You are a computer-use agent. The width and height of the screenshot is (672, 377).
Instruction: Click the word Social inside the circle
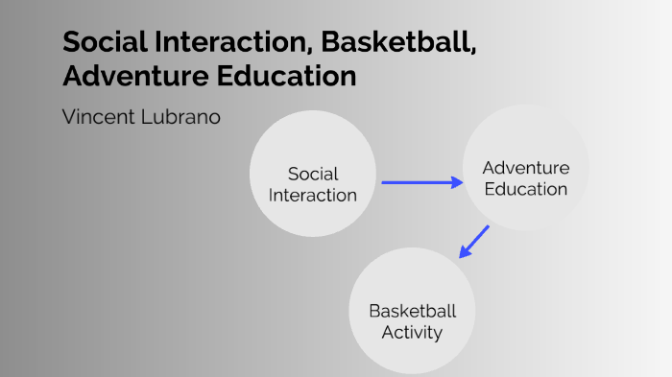(313, 174)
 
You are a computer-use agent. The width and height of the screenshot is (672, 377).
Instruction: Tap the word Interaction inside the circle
(313, 195)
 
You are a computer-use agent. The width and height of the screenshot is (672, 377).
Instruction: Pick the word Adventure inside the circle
(526, 168)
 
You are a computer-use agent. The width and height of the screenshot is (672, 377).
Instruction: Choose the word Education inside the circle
(526, 189)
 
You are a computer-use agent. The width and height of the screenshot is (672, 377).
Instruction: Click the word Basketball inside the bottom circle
(413, 312)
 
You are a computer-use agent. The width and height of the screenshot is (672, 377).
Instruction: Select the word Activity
(413, 333)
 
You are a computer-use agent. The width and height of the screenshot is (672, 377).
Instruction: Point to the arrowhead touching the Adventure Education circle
(457, 181)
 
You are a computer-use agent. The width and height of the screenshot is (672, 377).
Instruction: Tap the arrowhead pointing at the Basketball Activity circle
(465, 252)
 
